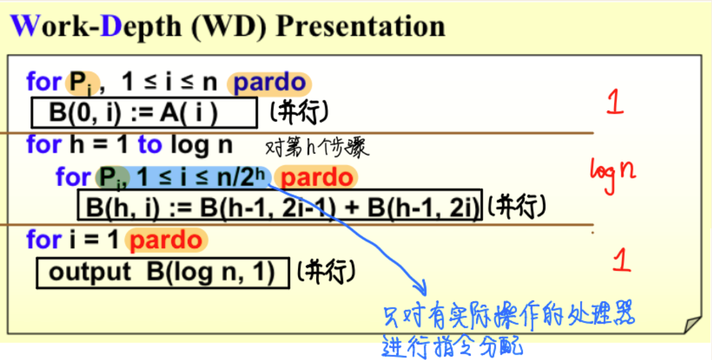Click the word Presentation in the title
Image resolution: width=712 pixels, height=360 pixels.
361,27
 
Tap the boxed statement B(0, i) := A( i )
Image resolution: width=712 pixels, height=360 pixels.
144,113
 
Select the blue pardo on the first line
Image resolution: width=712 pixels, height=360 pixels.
269,84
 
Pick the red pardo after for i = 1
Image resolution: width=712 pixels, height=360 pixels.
166,240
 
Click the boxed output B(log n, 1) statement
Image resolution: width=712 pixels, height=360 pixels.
163,273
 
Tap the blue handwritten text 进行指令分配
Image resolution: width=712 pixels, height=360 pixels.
452,346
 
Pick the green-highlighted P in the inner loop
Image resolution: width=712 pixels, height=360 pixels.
108,178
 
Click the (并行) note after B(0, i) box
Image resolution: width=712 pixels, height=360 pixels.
298,114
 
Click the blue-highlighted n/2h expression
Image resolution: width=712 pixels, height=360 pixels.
243,178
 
